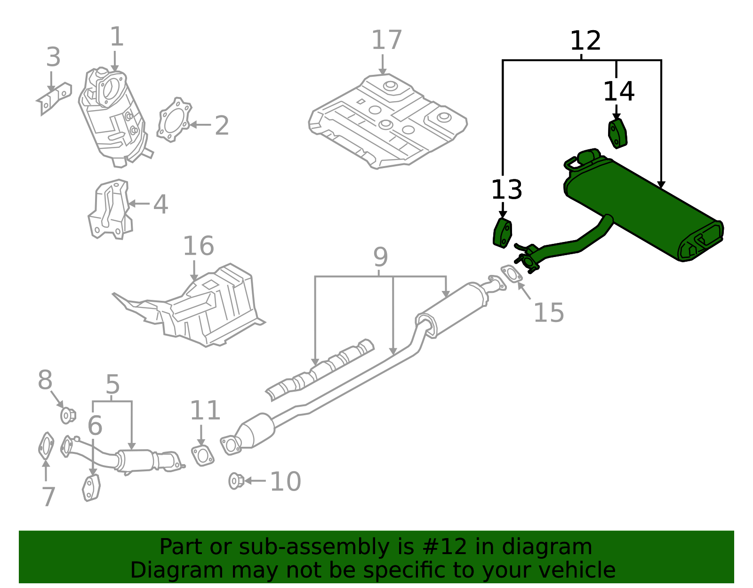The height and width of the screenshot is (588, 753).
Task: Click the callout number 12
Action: [585, 41]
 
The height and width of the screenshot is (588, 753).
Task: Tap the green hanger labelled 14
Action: [617, 134]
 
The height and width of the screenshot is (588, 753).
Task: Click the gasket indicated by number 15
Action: [511, 274]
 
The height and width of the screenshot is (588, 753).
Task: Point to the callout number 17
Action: [386, 40]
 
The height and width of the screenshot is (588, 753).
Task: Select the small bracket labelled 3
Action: [54, 98]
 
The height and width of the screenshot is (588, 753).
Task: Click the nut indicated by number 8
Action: [68, 415]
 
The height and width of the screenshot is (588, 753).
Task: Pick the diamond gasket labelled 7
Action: [46, 446]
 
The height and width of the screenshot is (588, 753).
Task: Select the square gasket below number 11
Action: [202, 455]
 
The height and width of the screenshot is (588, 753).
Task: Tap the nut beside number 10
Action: [236, 481]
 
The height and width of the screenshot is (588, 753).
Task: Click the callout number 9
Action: [380, 257]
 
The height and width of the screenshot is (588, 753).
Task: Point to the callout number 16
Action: [198, 246]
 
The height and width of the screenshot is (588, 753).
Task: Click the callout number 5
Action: [112, 385]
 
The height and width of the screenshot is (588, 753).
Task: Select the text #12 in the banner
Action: [445, 547]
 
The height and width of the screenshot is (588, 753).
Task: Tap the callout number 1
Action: [116, 37]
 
